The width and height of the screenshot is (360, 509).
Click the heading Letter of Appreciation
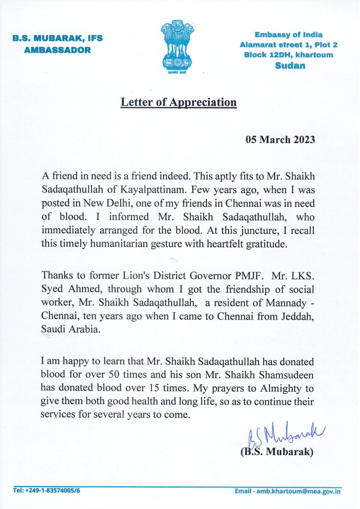click(178, 102)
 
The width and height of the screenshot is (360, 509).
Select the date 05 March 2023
click(280, 140)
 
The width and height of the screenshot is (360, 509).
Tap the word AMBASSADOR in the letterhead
click(58, 50)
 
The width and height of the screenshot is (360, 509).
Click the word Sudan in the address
click(290, 66)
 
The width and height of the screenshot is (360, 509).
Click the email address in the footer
click(288, 491)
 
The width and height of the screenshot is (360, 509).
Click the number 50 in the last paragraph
click(114, 374)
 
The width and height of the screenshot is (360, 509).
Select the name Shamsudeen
click(286, 375)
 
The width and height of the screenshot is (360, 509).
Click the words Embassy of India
click(288, 35)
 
